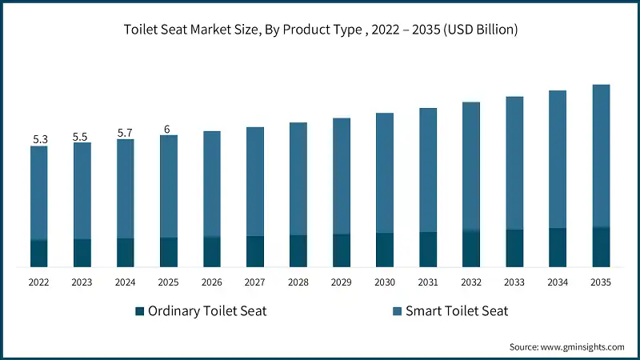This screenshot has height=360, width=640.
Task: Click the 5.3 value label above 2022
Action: (x=40, y=139)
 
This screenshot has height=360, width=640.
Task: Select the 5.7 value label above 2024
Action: (x=126, y=133)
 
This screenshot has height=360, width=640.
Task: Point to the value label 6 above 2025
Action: (x=168, y=129)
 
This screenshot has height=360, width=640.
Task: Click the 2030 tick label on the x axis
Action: (x=384, y=282)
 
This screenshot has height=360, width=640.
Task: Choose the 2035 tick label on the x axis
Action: (x=600, y=282)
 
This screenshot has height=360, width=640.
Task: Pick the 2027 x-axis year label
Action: (x=254, y=282)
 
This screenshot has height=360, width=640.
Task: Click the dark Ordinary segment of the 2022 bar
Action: (x=39, y=254)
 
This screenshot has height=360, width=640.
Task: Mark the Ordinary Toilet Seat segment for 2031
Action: (x=428, y=250)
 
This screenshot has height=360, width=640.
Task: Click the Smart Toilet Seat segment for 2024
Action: (x=126, y=189)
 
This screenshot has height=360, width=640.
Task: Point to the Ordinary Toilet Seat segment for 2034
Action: (x=558, y=247)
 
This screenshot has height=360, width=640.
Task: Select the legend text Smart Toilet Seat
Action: (x=455, y=311)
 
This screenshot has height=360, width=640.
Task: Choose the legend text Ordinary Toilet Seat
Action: (x=207, y=311)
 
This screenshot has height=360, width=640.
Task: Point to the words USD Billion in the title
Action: (x=481, y=30)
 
